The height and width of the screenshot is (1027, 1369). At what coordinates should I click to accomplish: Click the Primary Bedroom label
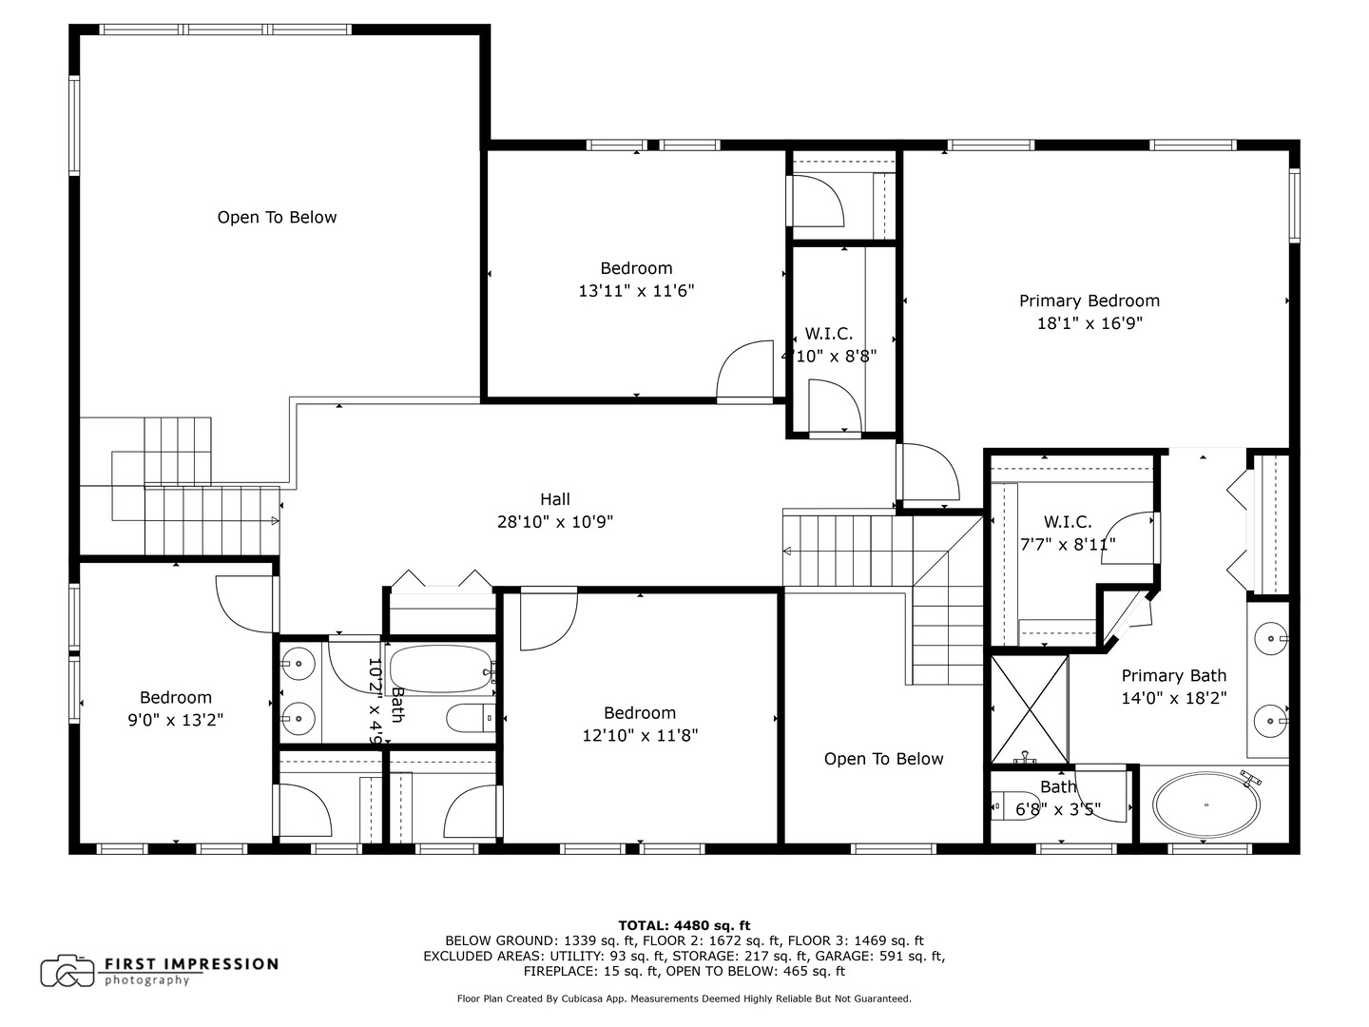click(x=1089, y=300)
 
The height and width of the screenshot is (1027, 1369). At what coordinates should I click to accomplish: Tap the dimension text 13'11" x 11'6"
click(x=636, y=291)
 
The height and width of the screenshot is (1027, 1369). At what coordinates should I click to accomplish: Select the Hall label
click(x=555, y=499)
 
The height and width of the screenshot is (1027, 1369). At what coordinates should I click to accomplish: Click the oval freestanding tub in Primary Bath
click(x=1205, y=804)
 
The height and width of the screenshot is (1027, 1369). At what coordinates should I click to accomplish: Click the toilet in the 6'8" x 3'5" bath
click(x=1013, y=806)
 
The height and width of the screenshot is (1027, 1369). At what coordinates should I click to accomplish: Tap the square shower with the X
click(x=1029, y=709)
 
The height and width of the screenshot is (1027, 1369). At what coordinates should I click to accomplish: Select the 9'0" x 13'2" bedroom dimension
click(x=176, y=721)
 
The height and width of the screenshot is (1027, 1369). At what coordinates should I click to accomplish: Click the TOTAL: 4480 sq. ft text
click(x=684, y=925)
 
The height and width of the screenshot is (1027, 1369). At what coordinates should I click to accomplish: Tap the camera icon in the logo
click(x=67, y=971)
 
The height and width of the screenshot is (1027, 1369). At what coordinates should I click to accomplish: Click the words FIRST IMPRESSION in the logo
click(x=190, y=964)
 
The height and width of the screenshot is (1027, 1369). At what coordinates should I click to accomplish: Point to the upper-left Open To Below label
click(x=277, y=218)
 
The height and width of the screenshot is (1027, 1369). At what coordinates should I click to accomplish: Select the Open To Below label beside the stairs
click(x=883, y=759)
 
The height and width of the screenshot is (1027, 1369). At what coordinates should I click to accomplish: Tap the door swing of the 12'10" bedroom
click(x=548, y=620)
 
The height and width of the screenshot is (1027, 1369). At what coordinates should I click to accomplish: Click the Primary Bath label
click(x=1173, y=676)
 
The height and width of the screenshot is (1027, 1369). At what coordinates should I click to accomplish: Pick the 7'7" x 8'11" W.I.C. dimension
click(x=1067, y=545)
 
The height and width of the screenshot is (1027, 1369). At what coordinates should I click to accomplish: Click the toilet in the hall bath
click(x=471, y=718)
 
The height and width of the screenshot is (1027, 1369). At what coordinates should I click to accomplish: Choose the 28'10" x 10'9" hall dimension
click(x=555, y=522)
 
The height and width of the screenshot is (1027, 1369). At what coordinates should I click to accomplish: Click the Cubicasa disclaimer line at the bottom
click(x=684, y=998)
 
